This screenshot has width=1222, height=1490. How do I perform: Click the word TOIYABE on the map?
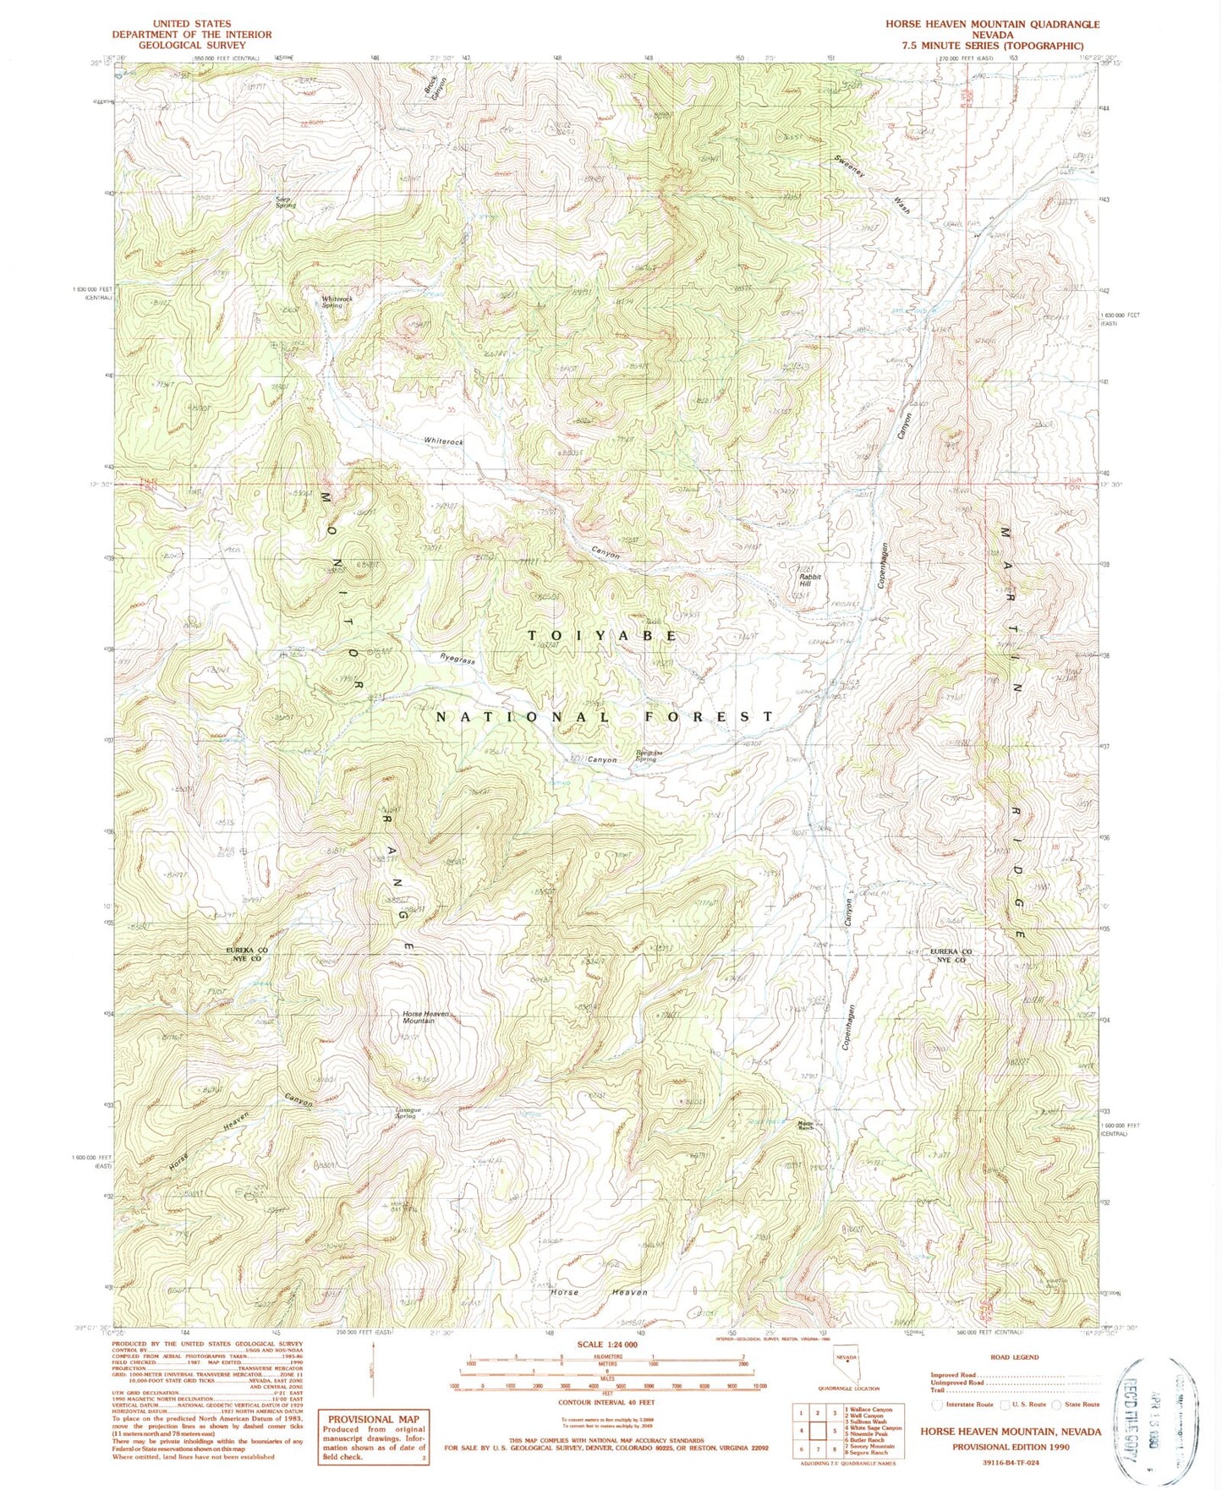602,635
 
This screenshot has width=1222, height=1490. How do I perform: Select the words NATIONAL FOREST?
604,716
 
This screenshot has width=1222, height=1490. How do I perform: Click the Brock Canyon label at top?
436,83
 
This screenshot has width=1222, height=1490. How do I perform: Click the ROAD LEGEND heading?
1014,1357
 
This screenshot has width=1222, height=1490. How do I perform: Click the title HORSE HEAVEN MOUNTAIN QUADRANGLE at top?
992,25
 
